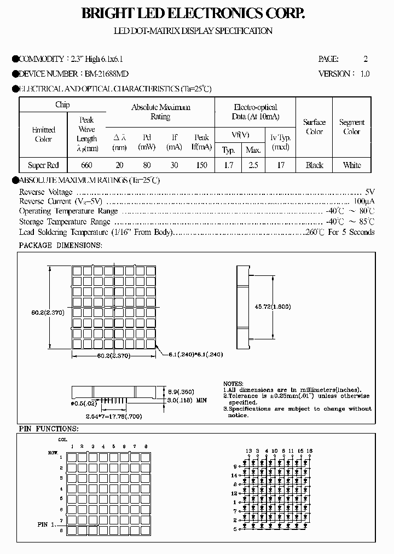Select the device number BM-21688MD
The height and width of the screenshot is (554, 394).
coord(107,73)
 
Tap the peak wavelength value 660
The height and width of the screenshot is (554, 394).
coord(86,165)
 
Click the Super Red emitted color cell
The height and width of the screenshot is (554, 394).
coord(43,165)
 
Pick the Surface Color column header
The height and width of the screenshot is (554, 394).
coord(314,127)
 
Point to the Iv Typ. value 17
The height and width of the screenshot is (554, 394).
coord(281,165)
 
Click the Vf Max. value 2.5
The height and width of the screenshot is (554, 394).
coord(253,165)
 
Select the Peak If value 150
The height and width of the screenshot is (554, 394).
coord(202,165)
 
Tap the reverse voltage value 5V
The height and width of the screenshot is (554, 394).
coord(370,192)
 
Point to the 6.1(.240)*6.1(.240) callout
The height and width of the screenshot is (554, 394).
coord(193,355)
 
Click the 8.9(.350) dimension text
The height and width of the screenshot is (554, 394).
coord(180,392)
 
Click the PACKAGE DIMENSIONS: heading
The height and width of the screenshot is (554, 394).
coord(60,245)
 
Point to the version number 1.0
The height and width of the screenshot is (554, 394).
coord(364,73)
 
